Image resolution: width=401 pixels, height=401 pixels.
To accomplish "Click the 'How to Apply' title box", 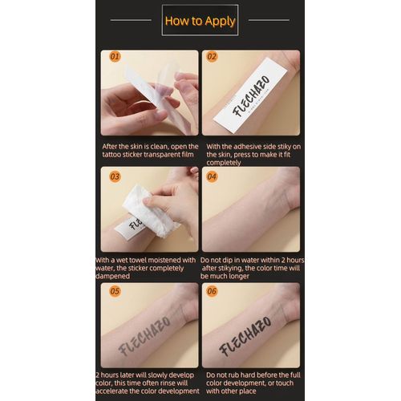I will [200, 20].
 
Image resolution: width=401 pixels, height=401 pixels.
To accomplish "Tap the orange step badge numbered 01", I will [115, 57].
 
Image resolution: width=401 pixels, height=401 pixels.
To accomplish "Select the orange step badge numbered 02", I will [212, 57].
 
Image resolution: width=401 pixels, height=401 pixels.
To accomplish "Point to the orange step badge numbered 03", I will [115, 176].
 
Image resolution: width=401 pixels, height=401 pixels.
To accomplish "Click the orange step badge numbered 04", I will [212, 176].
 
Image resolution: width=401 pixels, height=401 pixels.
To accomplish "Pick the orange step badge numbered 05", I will [115, 291].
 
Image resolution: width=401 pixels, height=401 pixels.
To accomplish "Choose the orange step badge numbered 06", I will [212, 291].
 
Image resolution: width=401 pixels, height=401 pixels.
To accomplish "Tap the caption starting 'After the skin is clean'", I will [150, 152].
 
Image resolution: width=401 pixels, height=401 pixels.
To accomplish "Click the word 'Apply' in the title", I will [220, 21].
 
